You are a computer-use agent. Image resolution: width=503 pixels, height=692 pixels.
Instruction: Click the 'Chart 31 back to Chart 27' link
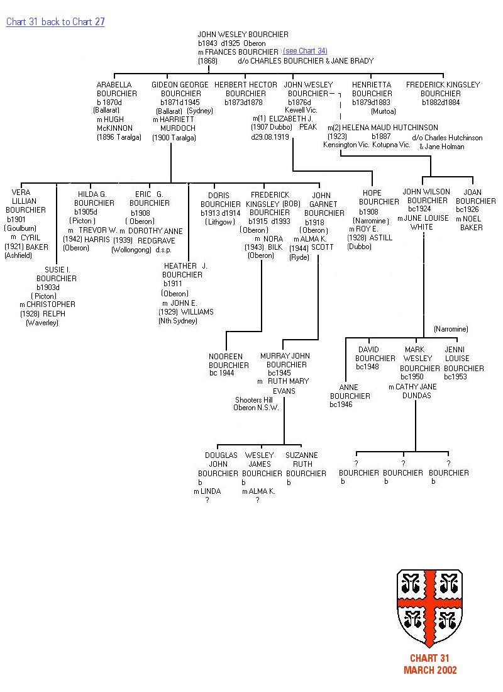(x=55, y=22)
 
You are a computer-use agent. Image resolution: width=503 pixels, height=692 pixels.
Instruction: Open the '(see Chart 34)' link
(x=305, y=51)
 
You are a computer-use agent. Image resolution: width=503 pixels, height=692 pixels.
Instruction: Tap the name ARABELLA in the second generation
(x=114, y=85)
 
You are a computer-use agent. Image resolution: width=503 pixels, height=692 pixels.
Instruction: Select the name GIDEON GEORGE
(x=179, y=85)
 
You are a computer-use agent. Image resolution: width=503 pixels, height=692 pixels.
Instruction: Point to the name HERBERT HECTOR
(x=246, y=85)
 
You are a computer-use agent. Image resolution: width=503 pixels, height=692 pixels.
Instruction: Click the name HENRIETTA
(x=372, y=85)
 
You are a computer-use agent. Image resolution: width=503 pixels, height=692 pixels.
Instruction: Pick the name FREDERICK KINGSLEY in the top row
(x=443, y=85)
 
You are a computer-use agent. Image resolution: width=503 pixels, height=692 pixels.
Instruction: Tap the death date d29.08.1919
(x=270, y=137)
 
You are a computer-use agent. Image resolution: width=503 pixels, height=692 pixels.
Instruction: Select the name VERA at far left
(x=21, y=193)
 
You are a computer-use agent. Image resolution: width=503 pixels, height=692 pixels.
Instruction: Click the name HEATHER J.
(x=185, y=266)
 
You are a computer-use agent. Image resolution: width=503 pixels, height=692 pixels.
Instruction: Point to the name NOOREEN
(x=225, y=357)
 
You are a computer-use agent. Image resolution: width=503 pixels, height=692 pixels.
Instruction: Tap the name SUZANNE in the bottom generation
(x=302, y=455)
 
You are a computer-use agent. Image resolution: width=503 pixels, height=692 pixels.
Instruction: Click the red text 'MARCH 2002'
(x=430, y=671)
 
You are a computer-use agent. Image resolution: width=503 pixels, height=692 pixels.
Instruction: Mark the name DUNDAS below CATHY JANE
(x=417, y=396)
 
